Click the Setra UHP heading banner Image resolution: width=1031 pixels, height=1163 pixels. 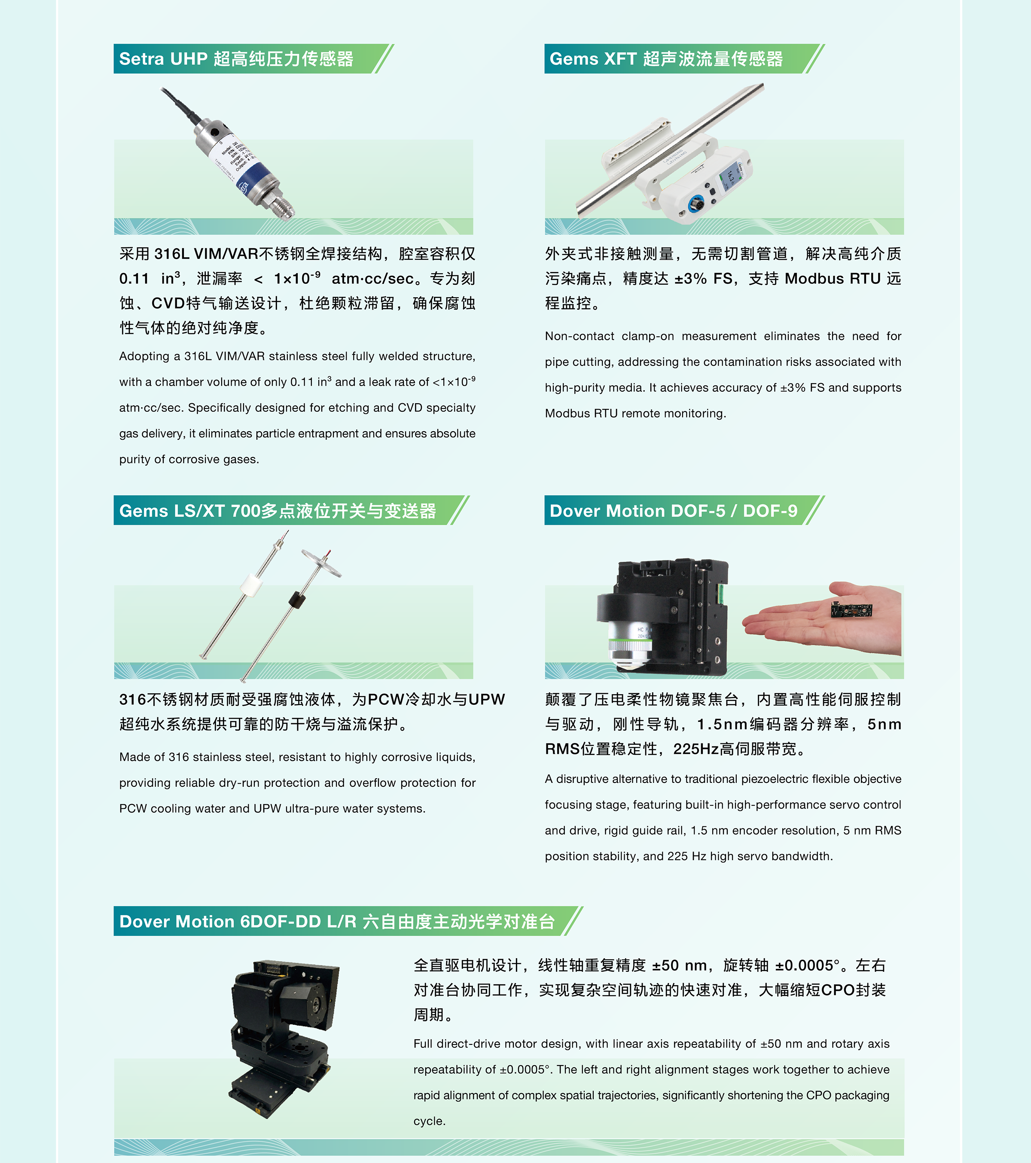tap(253, 58)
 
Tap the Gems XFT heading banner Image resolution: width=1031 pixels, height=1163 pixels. tap(684, 58)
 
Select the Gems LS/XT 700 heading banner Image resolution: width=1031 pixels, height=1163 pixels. tap(291, 510)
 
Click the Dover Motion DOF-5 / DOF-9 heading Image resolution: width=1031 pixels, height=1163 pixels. tap(684, 510)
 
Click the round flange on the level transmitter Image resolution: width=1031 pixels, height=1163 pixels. tap(321, 562)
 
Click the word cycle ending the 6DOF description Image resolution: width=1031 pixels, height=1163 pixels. tap(429, 1121)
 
